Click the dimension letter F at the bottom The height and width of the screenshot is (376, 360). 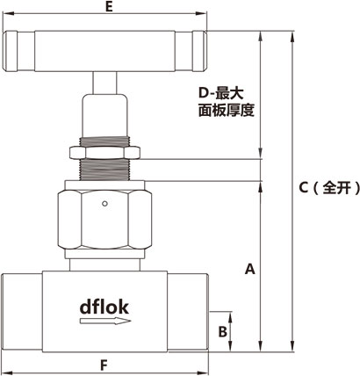click(104, 364)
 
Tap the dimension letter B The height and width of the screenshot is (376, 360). click(223, 331)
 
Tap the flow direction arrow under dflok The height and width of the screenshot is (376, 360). click(104, 322)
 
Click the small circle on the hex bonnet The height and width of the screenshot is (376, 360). click(104, 205)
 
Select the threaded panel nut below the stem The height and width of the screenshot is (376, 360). click(104, 153)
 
